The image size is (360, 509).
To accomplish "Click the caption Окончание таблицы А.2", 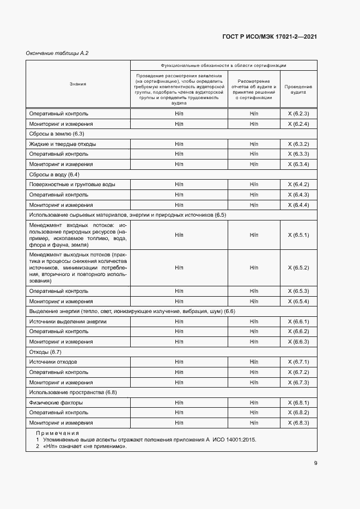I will pos(57,53).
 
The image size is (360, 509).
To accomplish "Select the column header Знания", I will pos(78,84).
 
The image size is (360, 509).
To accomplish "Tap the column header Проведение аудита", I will pos(298,90).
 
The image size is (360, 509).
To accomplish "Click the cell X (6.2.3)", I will pos(298,114).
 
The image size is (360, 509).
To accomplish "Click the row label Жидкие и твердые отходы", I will pos(63,144).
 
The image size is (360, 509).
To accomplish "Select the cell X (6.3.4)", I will pos(298,164).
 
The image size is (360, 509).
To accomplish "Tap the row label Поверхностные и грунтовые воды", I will pos(72,185).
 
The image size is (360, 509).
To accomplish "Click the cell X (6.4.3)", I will pos(298,195).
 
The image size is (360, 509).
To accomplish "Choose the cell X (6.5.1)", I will pos(298,235).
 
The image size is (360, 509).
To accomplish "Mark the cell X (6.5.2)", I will pos(298,268).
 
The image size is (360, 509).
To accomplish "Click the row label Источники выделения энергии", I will pos(68,322).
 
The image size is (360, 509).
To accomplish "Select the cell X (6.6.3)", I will pos(298,342).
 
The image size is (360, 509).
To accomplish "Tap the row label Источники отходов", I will pos(53,362).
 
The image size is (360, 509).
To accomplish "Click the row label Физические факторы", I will pos(56,403).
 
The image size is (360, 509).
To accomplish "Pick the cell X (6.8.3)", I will pos(298,423).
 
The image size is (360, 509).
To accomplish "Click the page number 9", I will pos(315,463).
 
